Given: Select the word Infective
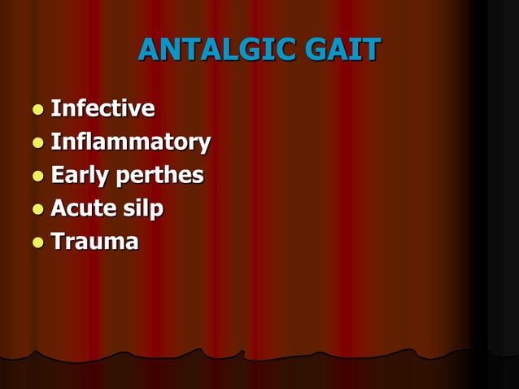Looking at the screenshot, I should click(x=102, y=108).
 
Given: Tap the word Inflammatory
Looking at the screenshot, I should click(x=130, y=142).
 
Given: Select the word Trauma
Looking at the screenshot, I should click(x=94, y=242).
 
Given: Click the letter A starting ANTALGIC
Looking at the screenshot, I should click(x=149, y=50).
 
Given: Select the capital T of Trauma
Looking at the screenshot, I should click(x=58, y=242).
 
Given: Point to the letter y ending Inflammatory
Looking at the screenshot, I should click(x=204, y=145).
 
